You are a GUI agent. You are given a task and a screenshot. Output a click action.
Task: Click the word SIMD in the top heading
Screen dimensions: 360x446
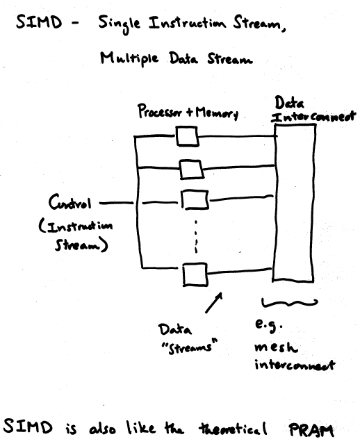click(x=39, y=22)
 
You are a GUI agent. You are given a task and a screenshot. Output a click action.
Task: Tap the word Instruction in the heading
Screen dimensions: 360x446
click(x=187, y=23)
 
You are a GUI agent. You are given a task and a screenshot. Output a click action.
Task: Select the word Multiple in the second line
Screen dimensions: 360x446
click(x=129, y=59)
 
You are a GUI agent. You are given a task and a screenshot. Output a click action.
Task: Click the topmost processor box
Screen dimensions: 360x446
click(x=187, y=137)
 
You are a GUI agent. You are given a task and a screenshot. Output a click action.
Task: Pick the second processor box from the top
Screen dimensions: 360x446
click(x=192, y=170)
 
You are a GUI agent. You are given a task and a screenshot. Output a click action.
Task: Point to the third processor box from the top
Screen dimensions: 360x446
click(x=195, y=200)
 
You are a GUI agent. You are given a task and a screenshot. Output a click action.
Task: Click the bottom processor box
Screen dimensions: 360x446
click(x=195, y=274)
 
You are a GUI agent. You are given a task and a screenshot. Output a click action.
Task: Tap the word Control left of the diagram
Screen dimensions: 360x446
click(x=70, y=202)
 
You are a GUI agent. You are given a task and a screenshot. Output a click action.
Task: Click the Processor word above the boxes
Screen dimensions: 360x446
click(x=160, y=111)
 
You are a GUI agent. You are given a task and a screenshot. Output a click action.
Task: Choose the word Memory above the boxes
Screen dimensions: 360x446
click(x=217, y=113)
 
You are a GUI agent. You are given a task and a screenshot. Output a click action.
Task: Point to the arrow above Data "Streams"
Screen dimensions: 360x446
click(x=213, y=303)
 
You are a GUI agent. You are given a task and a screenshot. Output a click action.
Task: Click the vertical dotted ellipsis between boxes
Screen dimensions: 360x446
click(x=196, y=236)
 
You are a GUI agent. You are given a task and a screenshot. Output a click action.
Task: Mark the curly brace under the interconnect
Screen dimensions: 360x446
click(x=288, y=303)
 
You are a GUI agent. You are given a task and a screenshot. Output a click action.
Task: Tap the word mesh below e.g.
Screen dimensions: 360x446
click(x=276, y=347)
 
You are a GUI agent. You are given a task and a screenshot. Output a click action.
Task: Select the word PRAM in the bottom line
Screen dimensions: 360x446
click(x=311, y=430)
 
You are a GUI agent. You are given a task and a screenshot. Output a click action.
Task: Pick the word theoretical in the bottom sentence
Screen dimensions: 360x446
click(x=234, y=429)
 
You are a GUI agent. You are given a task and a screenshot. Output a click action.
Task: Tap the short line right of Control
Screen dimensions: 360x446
click(x=116, y=203)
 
